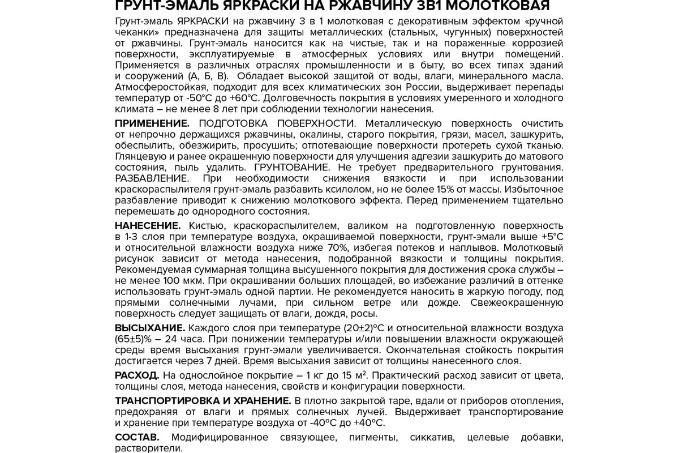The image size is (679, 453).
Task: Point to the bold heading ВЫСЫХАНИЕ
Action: [x=149, y=328]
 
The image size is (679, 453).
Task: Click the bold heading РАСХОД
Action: [x=137, y=376]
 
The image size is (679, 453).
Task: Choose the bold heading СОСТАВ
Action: [x=137, y=437]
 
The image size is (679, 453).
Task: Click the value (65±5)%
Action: [x=133, y=339]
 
